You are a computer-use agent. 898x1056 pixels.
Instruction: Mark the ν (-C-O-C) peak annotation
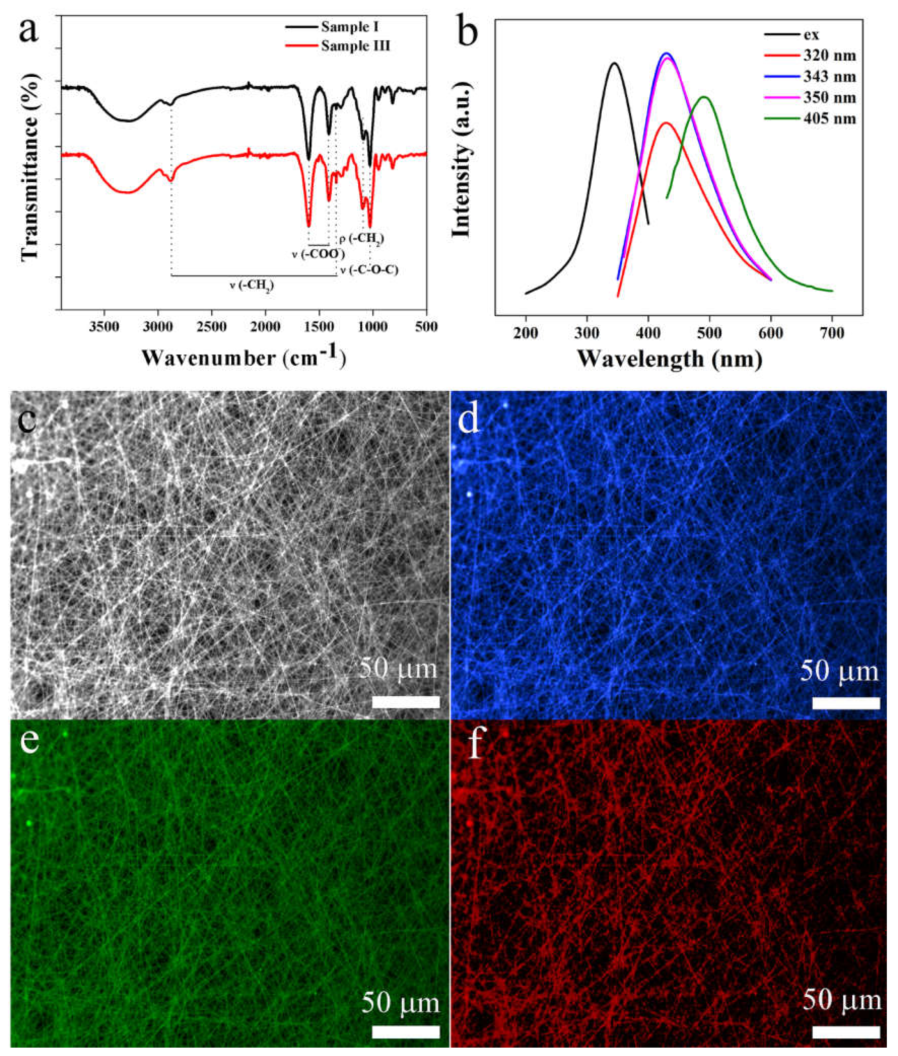point(369,270)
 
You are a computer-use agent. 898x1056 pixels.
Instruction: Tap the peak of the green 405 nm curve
point(705,97)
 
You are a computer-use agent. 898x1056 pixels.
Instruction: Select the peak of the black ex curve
point(614,63)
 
